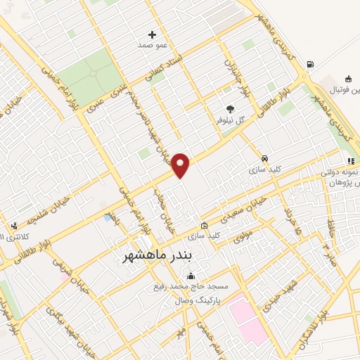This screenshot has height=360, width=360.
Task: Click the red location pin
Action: pos(181,165)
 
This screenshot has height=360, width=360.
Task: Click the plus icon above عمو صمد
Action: pos(152,34)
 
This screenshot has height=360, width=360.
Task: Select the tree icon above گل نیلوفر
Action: pos(231,108)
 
